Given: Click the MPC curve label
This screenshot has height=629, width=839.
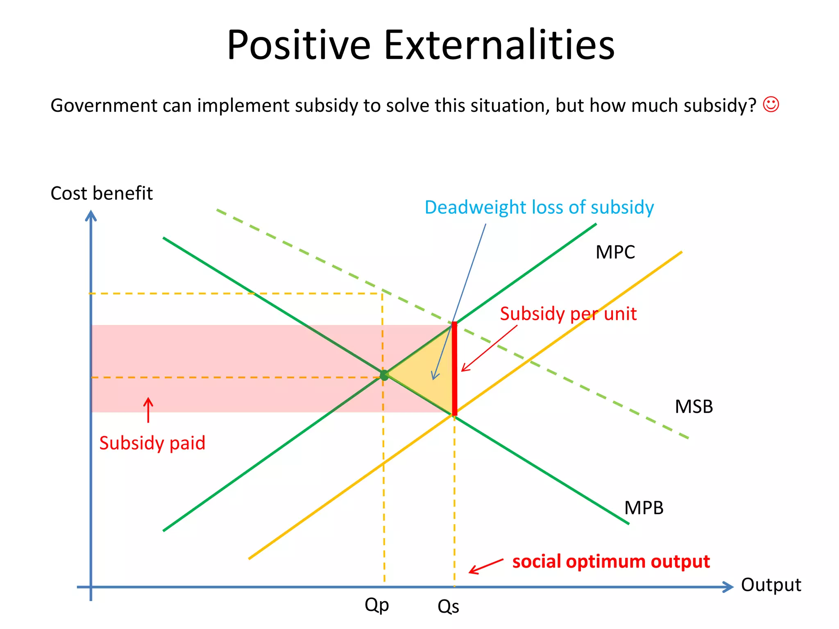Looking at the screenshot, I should pos(615,252).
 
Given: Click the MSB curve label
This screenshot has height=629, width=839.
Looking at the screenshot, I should pos(694,407).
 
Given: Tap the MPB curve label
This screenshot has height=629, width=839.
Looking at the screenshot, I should pos(643,508).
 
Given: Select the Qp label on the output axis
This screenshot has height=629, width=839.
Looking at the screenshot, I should pos(376,605).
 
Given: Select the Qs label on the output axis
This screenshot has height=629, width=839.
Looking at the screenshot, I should pos(448,606).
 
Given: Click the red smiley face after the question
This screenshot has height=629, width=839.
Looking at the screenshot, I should pos(771,104).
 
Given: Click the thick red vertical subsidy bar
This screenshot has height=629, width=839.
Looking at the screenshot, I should pos(454,369).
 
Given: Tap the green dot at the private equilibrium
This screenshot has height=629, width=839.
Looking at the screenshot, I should pos(384,375).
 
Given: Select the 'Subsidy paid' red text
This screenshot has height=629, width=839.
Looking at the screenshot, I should pos(152,443).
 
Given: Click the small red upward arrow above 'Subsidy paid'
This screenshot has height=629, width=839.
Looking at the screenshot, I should pos(148,410).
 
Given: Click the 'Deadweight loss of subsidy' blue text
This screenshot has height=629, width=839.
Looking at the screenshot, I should pos(539,207).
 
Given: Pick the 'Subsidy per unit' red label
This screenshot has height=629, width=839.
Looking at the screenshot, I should pos(568,314).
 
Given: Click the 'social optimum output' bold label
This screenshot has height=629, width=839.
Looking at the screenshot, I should pos(611,561).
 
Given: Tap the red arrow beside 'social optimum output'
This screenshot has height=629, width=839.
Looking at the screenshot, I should pos(485,566).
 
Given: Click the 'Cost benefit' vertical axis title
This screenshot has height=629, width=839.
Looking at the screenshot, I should pos(101,193).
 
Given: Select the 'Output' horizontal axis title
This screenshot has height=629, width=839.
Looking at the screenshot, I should pos(771,585).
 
